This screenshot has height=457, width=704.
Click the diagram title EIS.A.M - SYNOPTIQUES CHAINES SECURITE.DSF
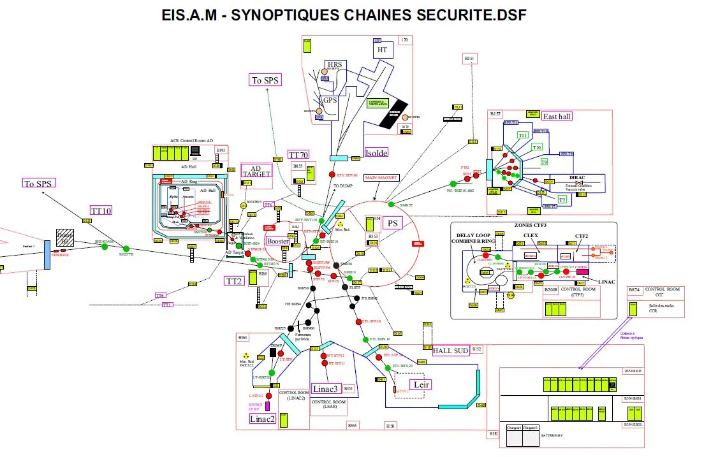coord(344,15)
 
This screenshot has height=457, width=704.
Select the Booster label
coord(277,242)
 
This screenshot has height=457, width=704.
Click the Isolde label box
coord(376,153)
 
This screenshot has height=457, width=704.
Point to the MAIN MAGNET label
coord(381,178)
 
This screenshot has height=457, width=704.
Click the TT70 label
coord(298,155)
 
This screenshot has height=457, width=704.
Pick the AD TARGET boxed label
coord(256,171)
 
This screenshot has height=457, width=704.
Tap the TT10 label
coord(100,210)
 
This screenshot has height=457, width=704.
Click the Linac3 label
coord(326,388)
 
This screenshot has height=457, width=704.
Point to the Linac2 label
coord(261,418)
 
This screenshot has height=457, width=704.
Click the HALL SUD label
coord(451,351)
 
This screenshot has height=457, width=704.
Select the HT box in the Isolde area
coord(382,50)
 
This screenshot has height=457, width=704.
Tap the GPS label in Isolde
coord(330,101)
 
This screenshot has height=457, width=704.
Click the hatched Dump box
coord(64,238)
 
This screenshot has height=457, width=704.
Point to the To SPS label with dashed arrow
coord(265,80)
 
